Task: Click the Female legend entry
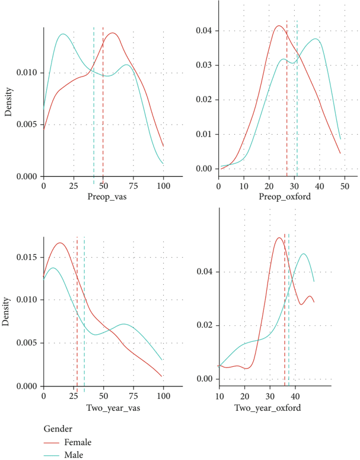pos(77,442)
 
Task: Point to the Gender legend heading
pos(58,429)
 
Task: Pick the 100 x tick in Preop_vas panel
pos(163,186)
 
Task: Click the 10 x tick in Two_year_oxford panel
pos(219,396)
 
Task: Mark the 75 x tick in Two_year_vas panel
pos(133,396)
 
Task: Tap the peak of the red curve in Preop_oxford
pos(278,26)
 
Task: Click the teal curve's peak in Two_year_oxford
pos(304,254)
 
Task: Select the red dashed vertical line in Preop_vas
pos(103,119)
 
